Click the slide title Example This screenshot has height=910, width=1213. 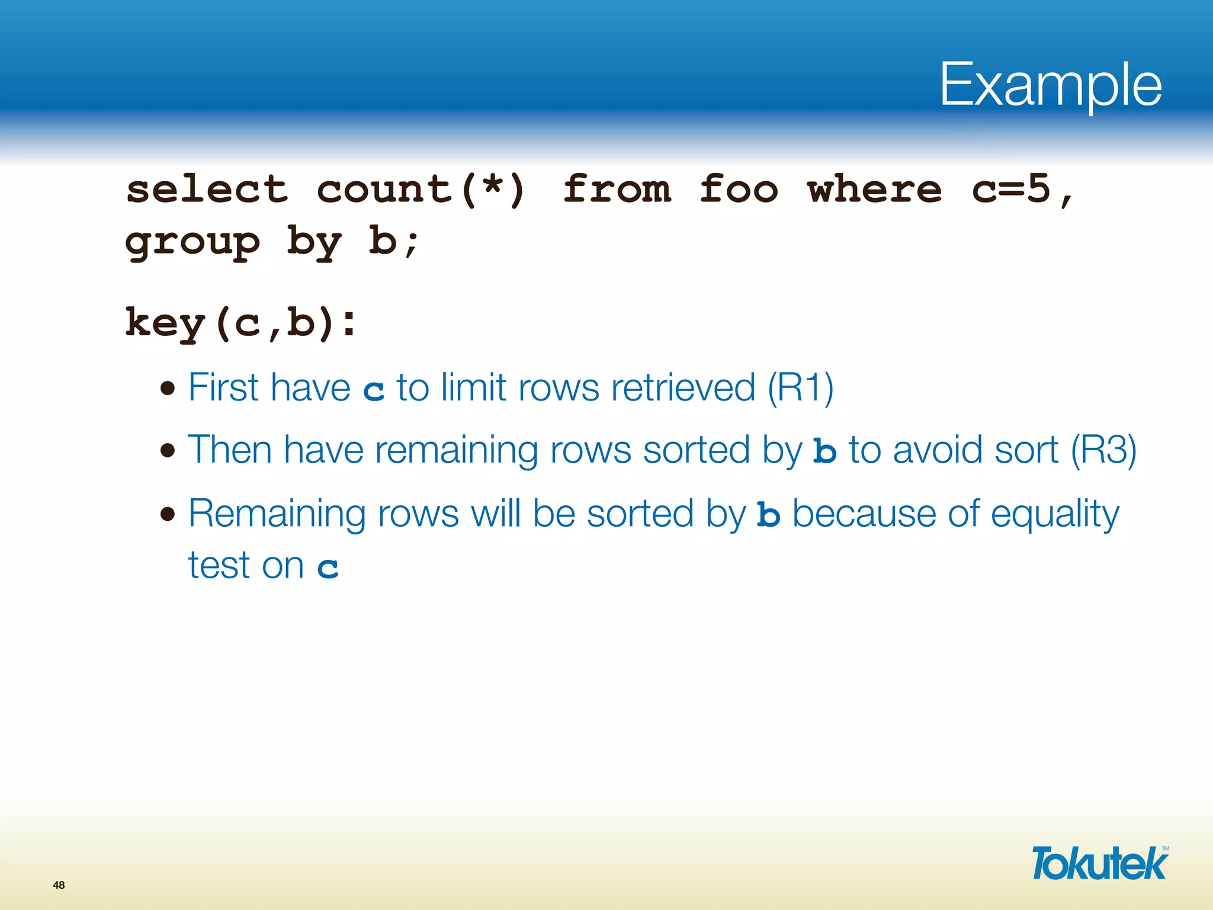pyautogui.click(x=1050, y=86)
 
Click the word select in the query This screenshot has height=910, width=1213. pyautogui.click(x=207, y=190)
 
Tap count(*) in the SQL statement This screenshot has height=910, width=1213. pyautogui.click(x=421, y=190)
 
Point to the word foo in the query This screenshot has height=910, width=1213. pyautogui.click(x=738, y=190)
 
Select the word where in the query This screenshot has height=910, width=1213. pyautogui.click(x=874, y=190)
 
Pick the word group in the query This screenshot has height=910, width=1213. pyautogui.click(x=192, y=243)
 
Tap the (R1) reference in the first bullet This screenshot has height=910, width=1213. pyautogui.click(x=800, y=388)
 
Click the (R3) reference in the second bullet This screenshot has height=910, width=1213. pyautogui.click(x=1103, y=450)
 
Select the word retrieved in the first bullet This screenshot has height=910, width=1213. pyautogui.click(x=683, y=388)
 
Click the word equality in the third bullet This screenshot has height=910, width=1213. pyautogui.click(x=1055, y=514)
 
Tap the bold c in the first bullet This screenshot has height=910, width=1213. pyautogui.click(x=374, y=390)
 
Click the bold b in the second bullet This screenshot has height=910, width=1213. pyautogui.click(x=824, y=451)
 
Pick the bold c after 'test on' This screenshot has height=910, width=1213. pyautogui.click(x=328, y=568)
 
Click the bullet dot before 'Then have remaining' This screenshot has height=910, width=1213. pyautogui.click(x=168, y=451)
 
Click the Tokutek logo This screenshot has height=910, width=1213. pyautogui.click(x=1099, y=863)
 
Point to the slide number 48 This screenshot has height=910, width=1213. pyautogui.click(x=59, y=885)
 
